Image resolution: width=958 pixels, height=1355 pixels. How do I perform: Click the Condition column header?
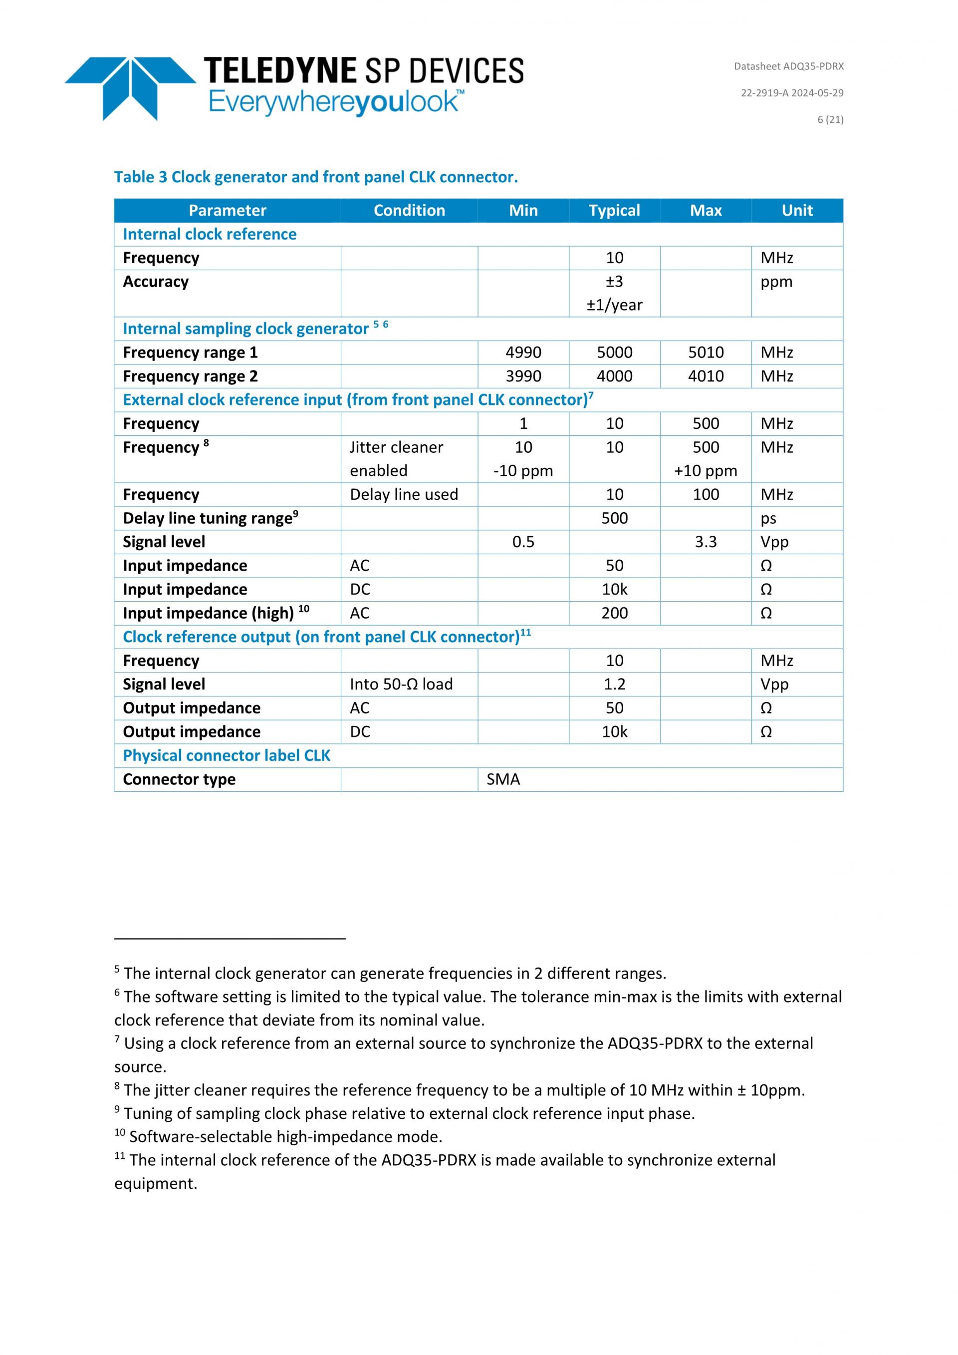(x=409, y=211)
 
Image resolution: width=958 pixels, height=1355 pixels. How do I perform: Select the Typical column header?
(x=614, y=211)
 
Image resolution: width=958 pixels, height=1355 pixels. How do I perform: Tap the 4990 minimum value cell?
(x=523, y=352)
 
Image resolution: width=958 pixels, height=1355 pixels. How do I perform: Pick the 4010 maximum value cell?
(x=706, y=376)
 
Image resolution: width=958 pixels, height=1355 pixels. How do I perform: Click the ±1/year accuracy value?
(x=614, y=305)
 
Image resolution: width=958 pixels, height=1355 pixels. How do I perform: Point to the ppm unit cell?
(x=776, y=282)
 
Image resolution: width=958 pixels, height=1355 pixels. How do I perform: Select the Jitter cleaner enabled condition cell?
(x=396, y=458)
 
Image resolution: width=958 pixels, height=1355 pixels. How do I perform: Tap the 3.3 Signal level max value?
(x=706, y=542)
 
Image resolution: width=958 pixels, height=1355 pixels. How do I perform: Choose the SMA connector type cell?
(x=503, y=779)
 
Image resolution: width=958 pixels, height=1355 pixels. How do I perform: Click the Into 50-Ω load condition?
(x=401, y=684)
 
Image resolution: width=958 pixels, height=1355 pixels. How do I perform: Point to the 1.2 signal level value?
(x=614, y=684)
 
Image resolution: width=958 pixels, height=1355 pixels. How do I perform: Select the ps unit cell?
(x=768, y=518)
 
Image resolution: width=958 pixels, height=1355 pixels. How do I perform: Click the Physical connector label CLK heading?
(x=227, y=755)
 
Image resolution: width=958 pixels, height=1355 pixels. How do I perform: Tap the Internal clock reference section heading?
(x=210, y=234)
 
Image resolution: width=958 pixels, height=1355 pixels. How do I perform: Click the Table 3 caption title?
(x=316, y=177)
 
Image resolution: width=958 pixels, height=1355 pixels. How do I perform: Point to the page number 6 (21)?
(x=830, y=119)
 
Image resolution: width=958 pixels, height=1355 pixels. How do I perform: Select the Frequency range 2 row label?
(x=190, y=376)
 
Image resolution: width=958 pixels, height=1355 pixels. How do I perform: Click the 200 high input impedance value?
(x=614, y=613)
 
